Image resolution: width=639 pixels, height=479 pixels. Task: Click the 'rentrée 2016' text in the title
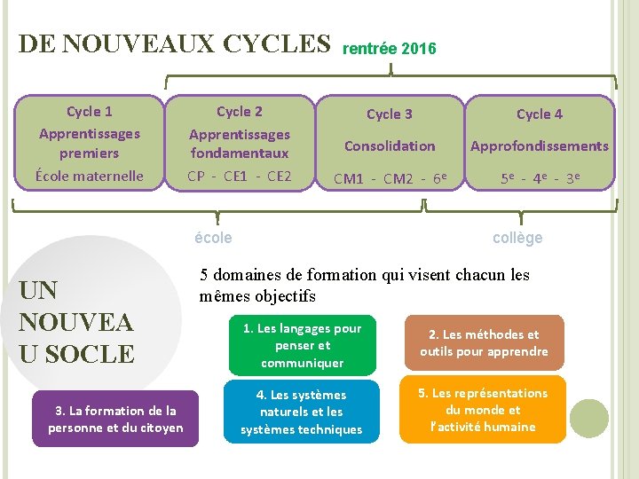(389, 49)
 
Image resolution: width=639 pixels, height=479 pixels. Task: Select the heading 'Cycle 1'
(89, 112)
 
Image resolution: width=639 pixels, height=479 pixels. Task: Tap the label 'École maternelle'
(89, 176)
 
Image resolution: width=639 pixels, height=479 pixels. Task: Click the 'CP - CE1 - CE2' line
(240, 176)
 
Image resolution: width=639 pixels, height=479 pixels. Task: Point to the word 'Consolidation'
(390, 145)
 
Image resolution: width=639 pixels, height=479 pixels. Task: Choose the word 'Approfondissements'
(539, 145)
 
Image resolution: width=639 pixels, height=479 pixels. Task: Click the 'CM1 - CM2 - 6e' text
(390, 179)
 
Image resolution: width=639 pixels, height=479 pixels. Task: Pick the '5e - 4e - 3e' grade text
(539, 179)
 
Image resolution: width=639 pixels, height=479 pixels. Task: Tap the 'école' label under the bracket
(213, 237)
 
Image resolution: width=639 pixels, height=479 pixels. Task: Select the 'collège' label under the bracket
(517, 237)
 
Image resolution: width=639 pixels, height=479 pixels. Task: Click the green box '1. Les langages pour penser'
(302, 345)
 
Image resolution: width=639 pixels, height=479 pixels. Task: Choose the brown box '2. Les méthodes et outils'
(484, 343)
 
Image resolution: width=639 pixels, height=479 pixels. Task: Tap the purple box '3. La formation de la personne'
(115, 419)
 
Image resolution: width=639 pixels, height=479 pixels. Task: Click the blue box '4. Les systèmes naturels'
(302, 412)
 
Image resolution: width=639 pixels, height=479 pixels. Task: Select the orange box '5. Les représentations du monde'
(484, 410)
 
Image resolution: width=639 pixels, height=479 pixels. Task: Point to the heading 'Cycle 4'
(539, 114)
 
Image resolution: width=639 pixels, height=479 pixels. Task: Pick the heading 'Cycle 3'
(390, 114)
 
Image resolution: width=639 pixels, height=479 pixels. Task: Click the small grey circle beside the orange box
(588, 419)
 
